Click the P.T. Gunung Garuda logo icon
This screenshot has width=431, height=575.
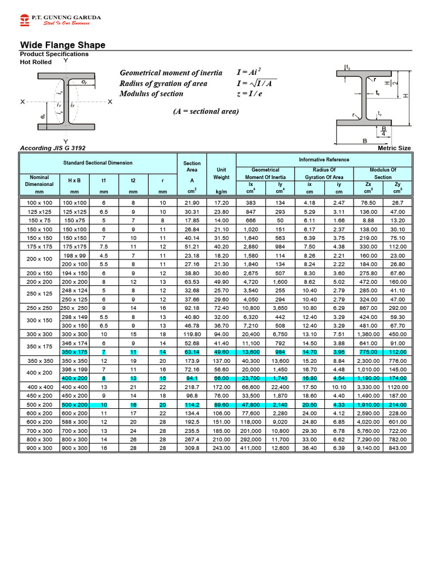(x=24, y=21)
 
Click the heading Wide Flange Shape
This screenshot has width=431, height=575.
(x=62, y=45)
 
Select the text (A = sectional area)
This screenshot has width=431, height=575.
(x=205, y=111)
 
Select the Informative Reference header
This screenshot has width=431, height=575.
(x=324, y=159)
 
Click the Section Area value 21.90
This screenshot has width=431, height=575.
(x=192, y=202)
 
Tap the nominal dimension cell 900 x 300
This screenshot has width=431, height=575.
(x=39, y=449)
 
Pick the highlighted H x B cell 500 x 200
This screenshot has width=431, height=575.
(x=75, y=404)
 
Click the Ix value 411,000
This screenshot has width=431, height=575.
(x=251, y=449)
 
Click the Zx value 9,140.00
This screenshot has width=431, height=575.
(x=368, y=449)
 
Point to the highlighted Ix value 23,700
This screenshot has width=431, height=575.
(x=251, y=378)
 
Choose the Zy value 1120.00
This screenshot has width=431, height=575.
(x=397, y=387)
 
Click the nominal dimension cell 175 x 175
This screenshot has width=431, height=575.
(x=39, y=246)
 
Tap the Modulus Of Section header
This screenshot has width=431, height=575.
(x=383, y=173)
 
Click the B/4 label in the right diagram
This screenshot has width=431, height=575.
(x=383, y=131)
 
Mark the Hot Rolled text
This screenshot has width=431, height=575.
(x=36, y=62)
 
